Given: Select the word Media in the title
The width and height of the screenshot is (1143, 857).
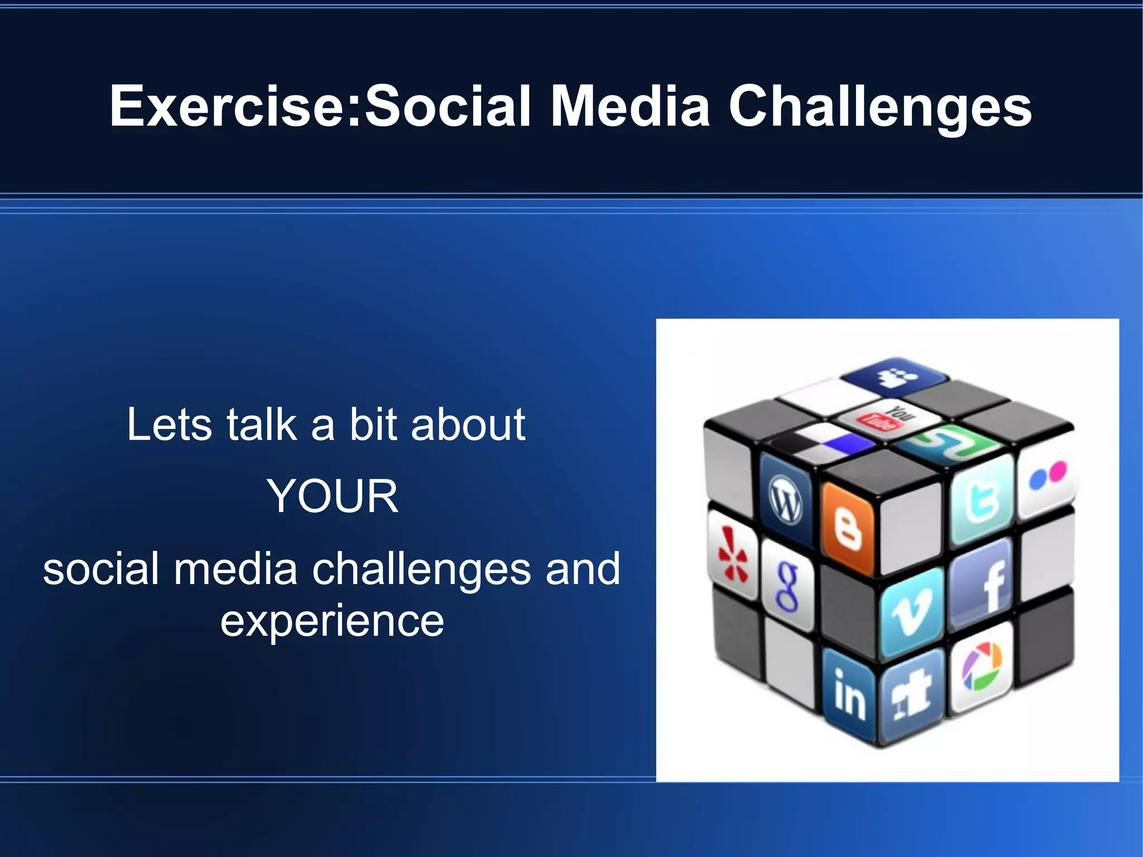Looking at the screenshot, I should (x=630, y=106).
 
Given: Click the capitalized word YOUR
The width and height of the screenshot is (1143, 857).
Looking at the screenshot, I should (x=333, y=496).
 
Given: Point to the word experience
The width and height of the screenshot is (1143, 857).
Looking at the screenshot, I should (x=332, y=621).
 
